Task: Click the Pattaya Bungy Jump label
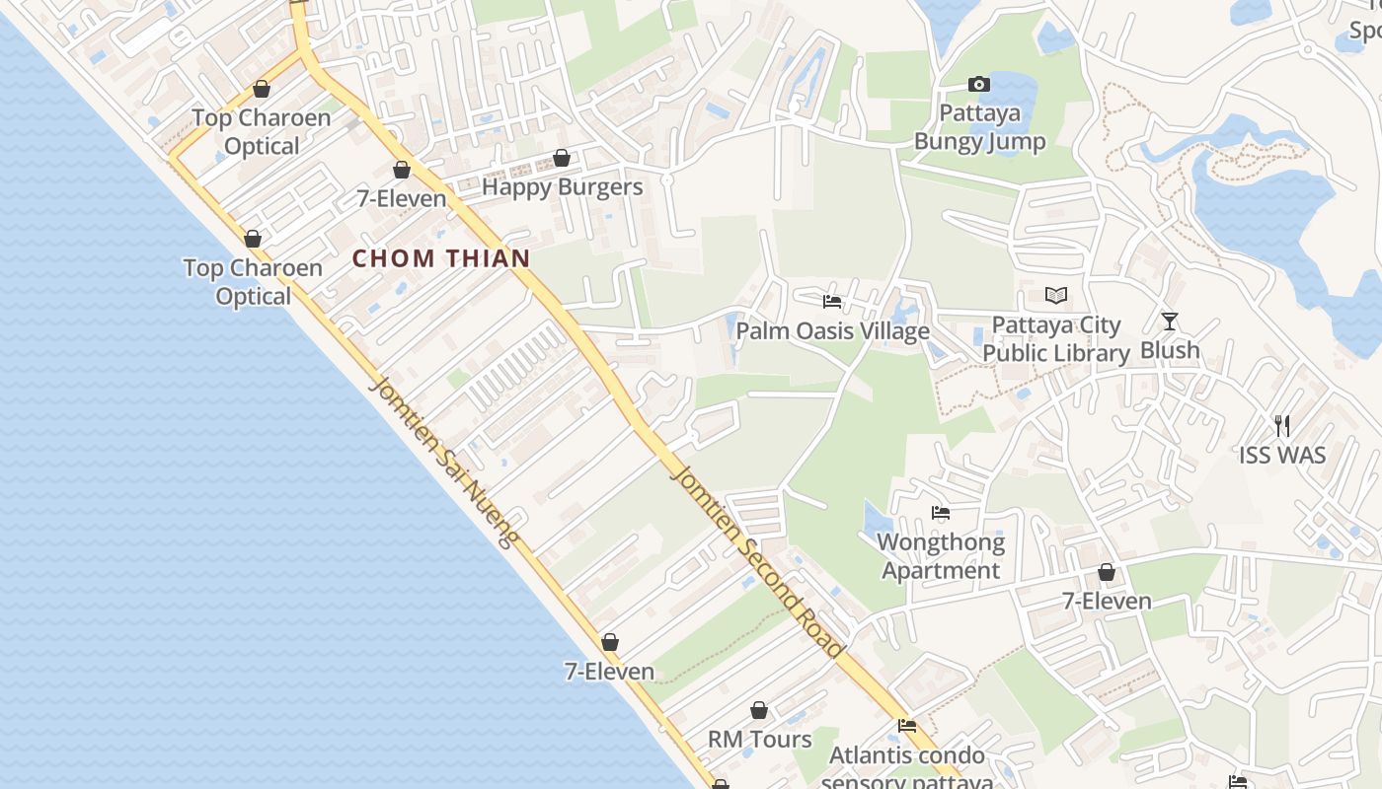click(x=979, y=127)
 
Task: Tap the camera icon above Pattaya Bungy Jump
click(x=979, y=85)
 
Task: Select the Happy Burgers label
click(x=562, y=187)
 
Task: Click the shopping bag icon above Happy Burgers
click(x=562, y=158)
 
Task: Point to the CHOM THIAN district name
click(x=441, y=258)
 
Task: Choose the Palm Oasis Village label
click(x=832, y=330)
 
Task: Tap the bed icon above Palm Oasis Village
click(x=832, y=302)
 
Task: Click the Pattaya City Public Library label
click(x=1056, y=339)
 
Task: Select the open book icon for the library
click(x=1056, y=295)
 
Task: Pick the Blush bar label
click(x=1170, y=350)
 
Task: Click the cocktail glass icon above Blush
click(x=1170, y=321)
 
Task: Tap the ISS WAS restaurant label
click(x=1282, y=456)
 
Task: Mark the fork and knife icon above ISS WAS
click(x=1282, y=426)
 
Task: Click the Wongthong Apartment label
click(x=941, y=556)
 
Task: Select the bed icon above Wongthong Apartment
click(x=941, y=513)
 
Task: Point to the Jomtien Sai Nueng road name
click(x=443, y=461)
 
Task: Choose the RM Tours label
click(x=759, y=740)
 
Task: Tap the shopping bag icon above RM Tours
click(x=759, y=710)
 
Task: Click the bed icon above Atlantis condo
click(x=907, y=726)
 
